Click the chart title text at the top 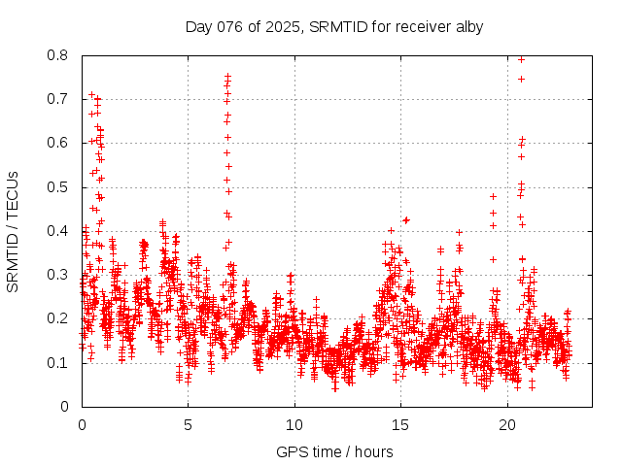pos(333,26)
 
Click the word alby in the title pos(466,26)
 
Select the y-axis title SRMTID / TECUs pos(13,231)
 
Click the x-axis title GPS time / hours pos(333,451)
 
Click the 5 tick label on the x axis pos(189,425)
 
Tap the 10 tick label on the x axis pos(294,425)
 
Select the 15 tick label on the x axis pos(401,425)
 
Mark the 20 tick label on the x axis pos(507,425)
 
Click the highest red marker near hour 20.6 pos(521,59)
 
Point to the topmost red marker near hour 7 pos(227,76)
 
